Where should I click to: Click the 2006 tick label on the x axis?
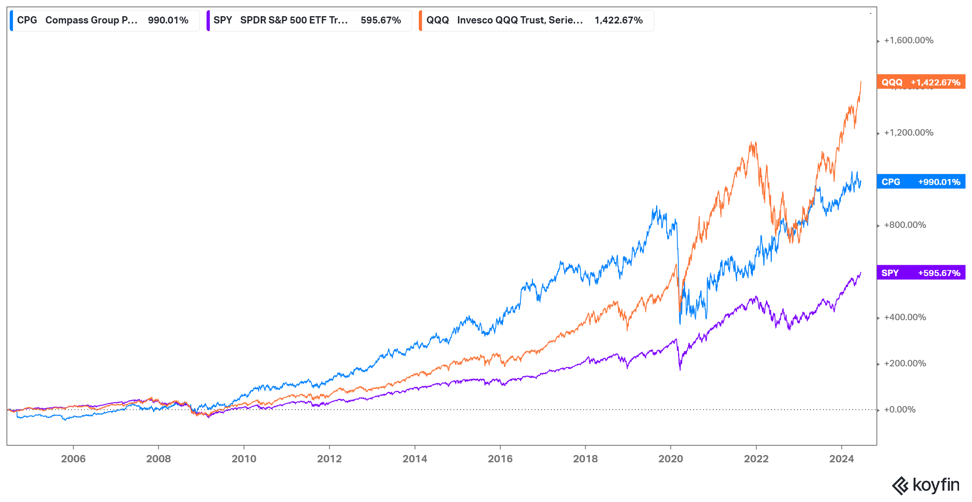tap(73, 459)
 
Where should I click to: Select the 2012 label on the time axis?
tap(329, 459)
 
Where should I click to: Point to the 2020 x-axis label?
tap(671, 459)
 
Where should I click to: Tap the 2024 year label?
tap(841, 459)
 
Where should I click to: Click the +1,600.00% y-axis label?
tap(908, 40)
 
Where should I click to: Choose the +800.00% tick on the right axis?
tap(905, 225)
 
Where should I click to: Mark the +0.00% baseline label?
tap(900, 410)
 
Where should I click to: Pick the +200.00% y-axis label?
tap(905, 364)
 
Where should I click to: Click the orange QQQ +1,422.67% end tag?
tap(921, 82)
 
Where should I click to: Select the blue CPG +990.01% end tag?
tap(921, 182)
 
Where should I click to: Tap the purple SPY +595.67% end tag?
tap(921, 273)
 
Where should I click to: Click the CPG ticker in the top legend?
tap(27, 20)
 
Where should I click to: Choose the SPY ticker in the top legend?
tap(223, 20)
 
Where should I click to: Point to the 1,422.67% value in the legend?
tap(618, 20)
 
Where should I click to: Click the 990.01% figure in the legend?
tap(168, 20)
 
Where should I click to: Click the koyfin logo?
tap(926, 485)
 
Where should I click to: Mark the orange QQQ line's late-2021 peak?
tap(752, 143)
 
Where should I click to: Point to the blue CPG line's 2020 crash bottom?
tap(680, 323)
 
